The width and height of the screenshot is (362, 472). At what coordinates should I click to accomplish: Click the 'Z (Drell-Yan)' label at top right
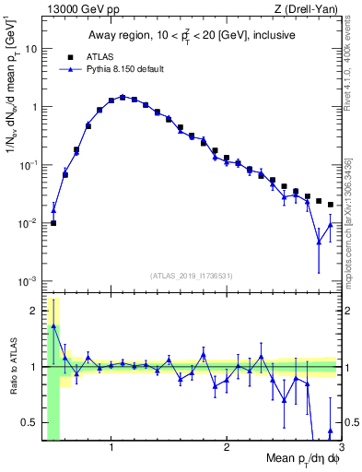point(309,9)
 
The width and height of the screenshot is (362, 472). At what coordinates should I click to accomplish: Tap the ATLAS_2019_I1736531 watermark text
point(192,275)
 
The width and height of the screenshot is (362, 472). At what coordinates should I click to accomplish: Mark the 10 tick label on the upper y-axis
point(30,49)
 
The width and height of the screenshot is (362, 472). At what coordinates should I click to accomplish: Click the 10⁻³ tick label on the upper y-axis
point(28,280)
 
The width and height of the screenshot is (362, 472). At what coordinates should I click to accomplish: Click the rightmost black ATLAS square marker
point(331,205)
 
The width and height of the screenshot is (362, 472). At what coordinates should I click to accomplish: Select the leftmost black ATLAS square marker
point(53,223)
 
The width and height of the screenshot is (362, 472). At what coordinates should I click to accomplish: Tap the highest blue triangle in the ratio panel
point(53,326)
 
